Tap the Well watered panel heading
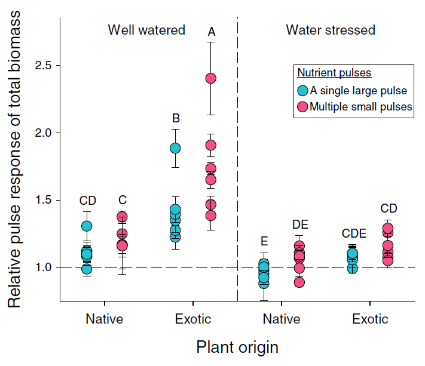tap(146, 30)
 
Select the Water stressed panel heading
tap(330, 30)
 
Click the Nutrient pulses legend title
tap(334, 73)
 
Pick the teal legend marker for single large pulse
tap(302, 91)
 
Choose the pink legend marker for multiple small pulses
tap(302, 107)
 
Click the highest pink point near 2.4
tap(211, 78)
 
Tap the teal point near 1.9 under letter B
tap(175, 148)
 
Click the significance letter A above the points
tap(211, 32)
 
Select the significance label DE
tap(299, 224)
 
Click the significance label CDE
tap(353, 233)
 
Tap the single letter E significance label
tap(264, 241)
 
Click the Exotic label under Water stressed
tap(370, 319)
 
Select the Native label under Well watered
tap(105, 319)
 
